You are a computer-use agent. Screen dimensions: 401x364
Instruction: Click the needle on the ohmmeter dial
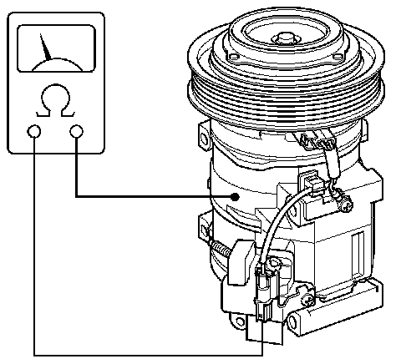(x=45, y=48)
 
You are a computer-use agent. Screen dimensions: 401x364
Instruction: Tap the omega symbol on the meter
(x=56, y=100)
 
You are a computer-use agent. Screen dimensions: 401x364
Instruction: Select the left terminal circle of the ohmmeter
(x=34, y=131)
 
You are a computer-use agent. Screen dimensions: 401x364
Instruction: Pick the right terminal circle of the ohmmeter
(x=77, y=131)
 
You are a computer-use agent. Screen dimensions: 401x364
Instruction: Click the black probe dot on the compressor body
(x=236, y=197)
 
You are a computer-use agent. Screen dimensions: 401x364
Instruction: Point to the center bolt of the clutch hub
(x=284, y=38)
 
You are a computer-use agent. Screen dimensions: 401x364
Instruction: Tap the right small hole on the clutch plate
(x=338, y=57)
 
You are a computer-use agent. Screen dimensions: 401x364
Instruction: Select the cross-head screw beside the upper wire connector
(x=346, y=206)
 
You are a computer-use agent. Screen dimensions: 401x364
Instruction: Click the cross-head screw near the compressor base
(x=307, y=300)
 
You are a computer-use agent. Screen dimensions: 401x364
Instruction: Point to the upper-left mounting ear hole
(x=204, y=138)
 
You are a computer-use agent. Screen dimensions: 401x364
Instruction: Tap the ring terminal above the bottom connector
(x=275, y=263)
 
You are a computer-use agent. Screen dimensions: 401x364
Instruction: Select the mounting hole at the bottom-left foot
(x=240, y=321)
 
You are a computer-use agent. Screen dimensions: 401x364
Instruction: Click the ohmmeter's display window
(x=57, y=48)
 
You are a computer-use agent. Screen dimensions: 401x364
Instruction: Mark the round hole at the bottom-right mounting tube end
(x=292, y=322)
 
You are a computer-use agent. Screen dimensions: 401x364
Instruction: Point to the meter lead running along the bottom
(x=148, y=355)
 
